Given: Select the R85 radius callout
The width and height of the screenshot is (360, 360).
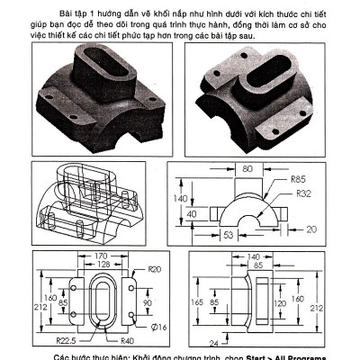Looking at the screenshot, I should point(301,179).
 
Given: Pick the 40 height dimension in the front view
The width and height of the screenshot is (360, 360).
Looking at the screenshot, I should point(192,214).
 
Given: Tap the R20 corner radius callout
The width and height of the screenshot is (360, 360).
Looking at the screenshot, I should point(154,269).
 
